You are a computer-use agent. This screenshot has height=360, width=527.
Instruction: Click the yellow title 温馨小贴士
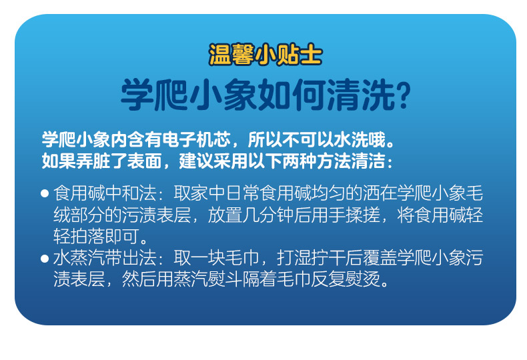(x=266, y=55)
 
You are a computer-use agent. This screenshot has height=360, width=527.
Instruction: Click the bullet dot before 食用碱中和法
(x=45, y=193)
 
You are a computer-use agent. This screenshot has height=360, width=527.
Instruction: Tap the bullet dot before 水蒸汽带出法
(x=45, y=258)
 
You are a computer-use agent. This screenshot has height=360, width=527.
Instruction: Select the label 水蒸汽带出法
(x=105, y=258)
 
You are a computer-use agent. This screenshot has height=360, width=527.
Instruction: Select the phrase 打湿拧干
(x=312, y=258)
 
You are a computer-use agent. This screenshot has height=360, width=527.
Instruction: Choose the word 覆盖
(x=380, y=258)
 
